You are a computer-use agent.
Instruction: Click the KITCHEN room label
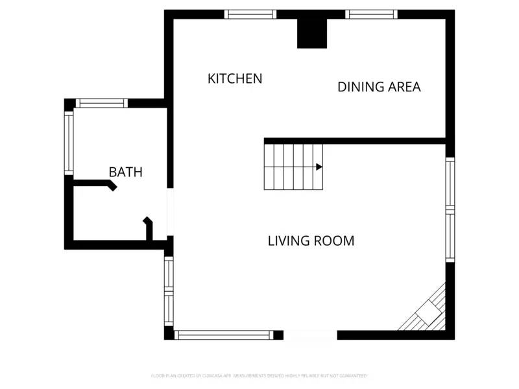coord(235,78)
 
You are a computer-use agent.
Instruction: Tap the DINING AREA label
coord(379,87)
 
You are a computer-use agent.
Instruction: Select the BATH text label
coord(125,172)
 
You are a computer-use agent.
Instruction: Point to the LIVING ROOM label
coord(311,241)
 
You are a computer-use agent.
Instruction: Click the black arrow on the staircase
coord(319,167)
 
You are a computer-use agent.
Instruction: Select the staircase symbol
coord(293,167)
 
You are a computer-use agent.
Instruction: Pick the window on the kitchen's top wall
coord(250,14)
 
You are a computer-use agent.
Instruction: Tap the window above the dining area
coord(371,14)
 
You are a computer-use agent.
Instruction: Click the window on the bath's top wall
coord(102,103)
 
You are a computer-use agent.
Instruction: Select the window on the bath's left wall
coord(69,143)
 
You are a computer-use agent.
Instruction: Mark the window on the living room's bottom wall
coord(224,335)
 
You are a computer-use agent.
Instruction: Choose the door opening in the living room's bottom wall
coord(310,335)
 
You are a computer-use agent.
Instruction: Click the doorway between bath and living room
coord(170,212)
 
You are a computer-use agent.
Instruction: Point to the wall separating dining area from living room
coord(355,141)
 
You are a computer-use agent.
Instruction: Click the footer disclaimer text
coord(259,375)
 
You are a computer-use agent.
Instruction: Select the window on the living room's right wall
coord(450,209)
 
